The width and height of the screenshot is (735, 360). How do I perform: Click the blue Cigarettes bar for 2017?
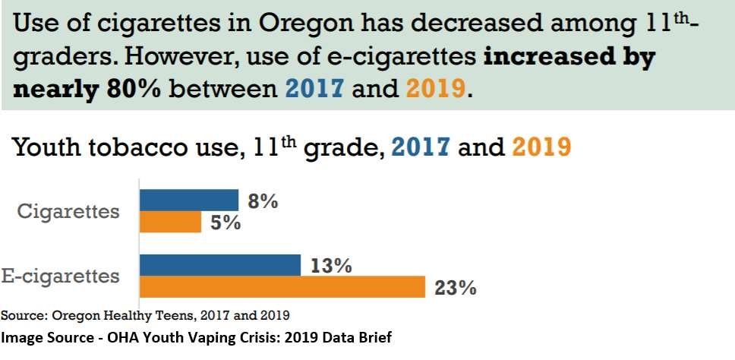point(189,201)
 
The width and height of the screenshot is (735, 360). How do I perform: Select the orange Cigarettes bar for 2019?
point(170,222)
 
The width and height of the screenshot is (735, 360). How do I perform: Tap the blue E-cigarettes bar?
point(220,265)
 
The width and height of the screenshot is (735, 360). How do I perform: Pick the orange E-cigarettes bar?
point(282,287)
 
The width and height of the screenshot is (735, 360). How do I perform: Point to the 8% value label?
point(263,201)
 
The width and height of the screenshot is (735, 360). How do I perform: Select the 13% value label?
point(330,266)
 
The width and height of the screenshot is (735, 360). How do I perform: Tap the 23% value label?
point(455,288)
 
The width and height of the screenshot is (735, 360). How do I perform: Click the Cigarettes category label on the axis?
point(68,211)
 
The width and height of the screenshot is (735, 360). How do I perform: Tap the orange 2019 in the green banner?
point(434,88)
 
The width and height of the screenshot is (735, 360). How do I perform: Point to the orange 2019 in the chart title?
point(541,147)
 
